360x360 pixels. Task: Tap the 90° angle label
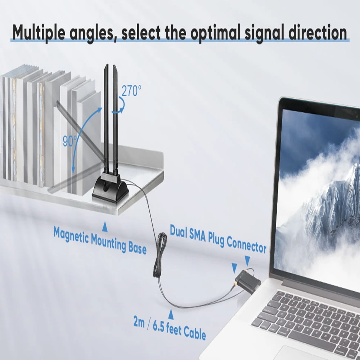coord(69,141)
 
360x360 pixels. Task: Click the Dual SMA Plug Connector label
coord(218,240)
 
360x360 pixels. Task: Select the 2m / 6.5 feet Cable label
coord(170,328)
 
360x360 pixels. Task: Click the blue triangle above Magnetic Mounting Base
coord(105,226)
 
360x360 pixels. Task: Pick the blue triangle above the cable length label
coord(171,315)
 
